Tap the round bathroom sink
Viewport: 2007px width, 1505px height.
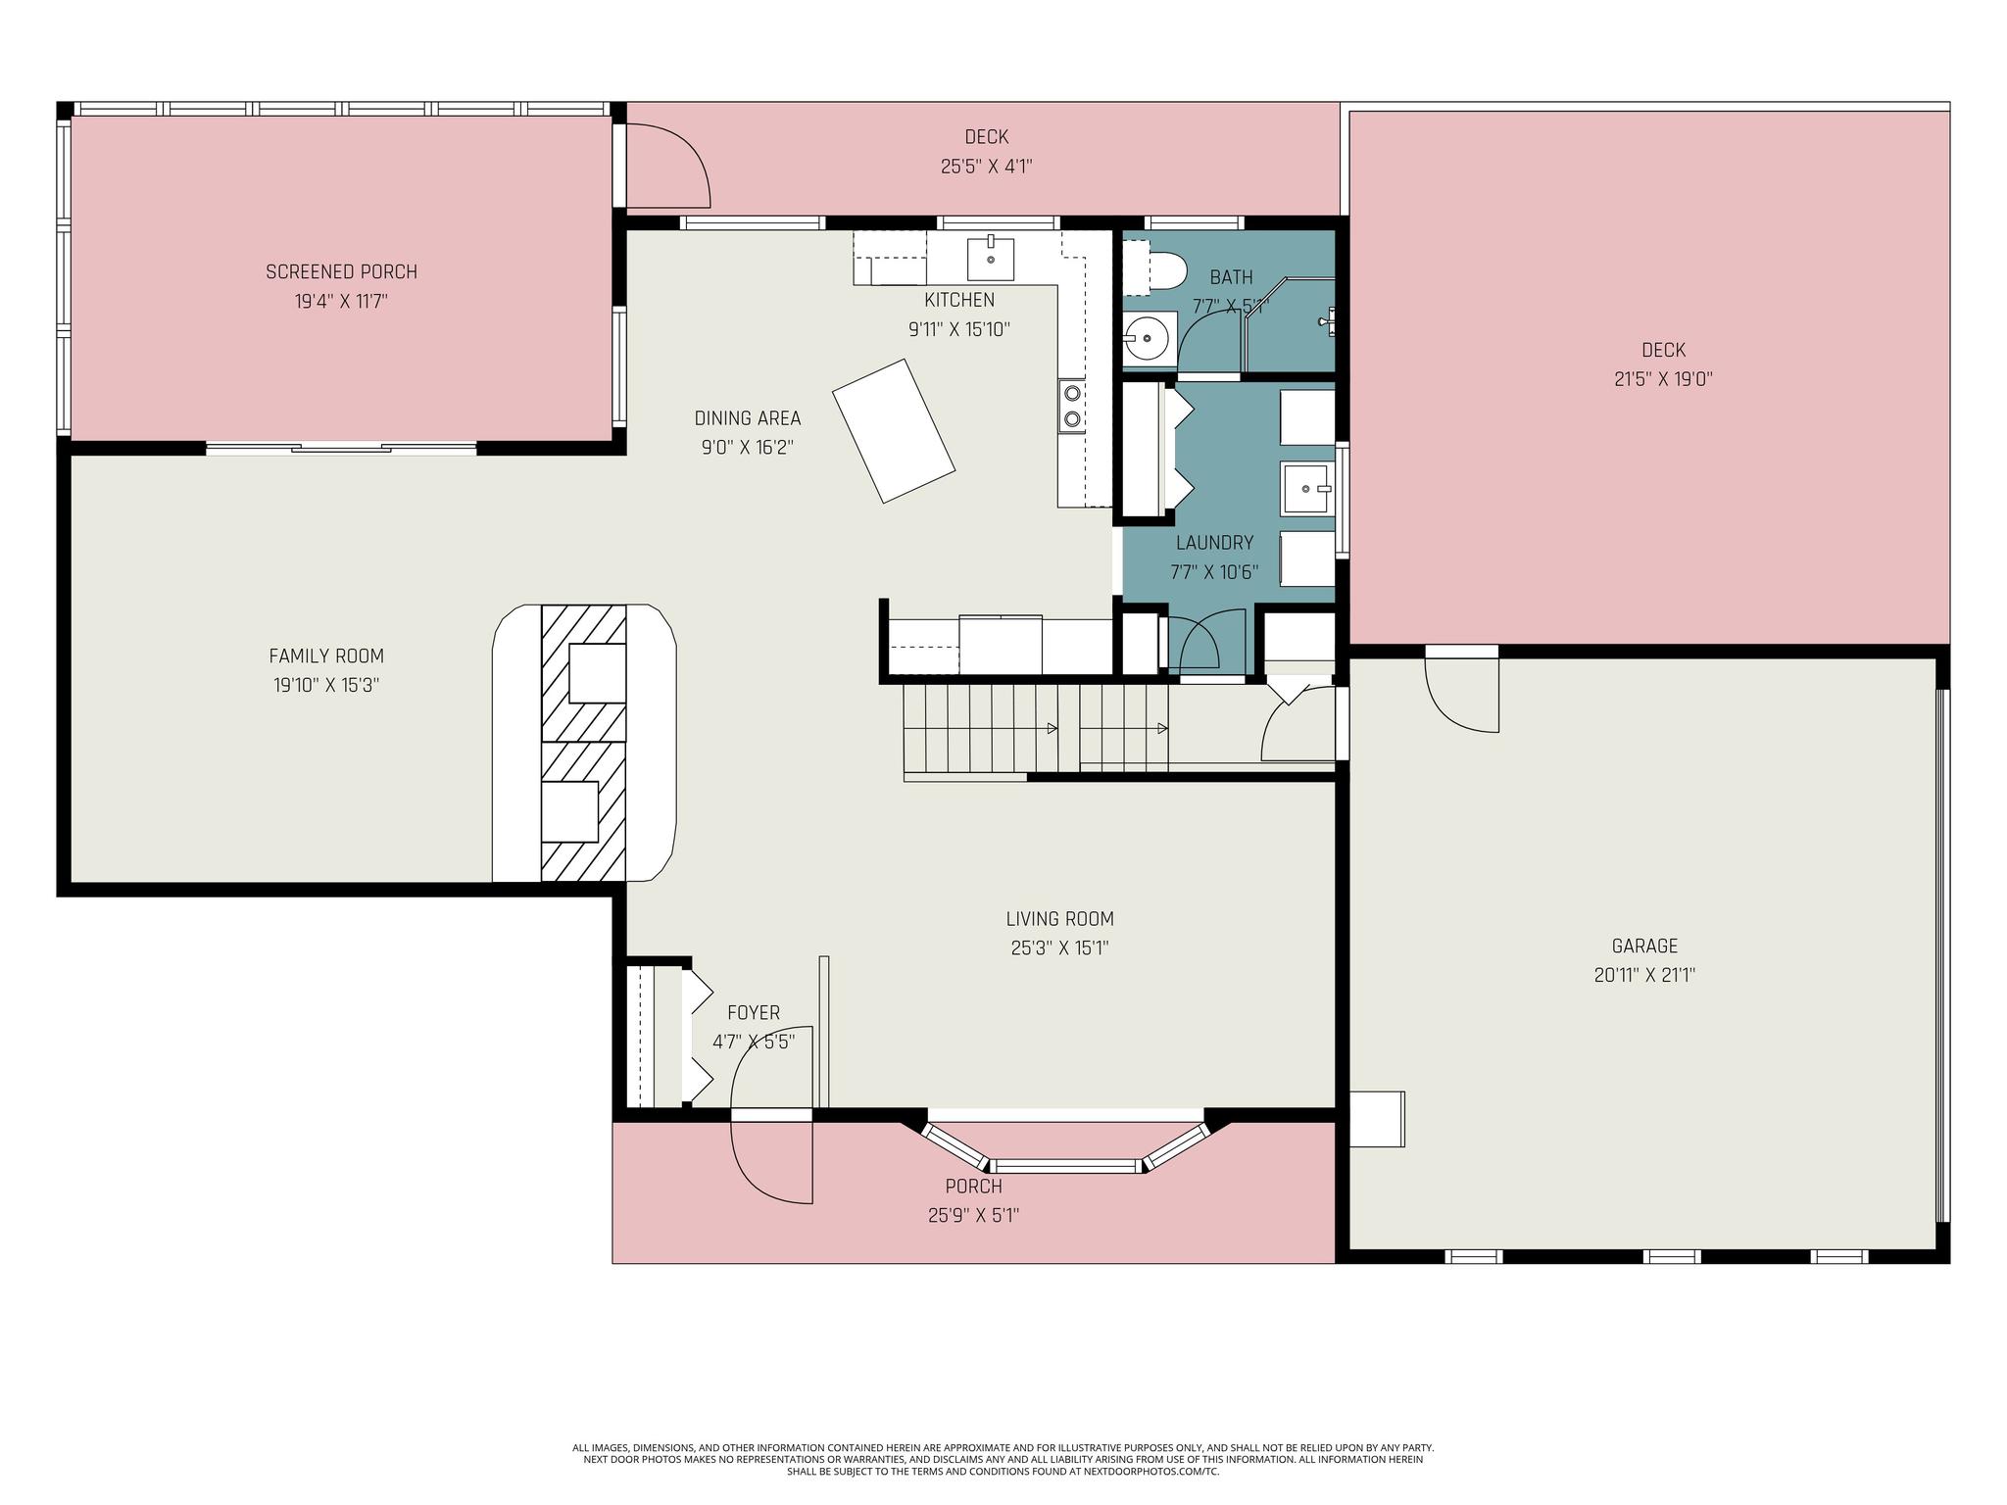point(1148,340)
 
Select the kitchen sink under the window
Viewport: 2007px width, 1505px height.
point(991,257)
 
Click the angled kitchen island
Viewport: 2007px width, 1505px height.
point(894,431)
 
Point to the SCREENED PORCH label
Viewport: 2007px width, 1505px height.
point(341,271)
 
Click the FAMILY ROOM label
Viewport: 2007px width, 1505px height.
point(326,656)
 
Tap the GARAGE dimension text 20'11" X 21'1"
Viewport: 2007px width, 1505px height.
point(1644,975)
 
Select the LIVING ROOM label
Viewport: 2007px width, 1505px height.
point(1059,919)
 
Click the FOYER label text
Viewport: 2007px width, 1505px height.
point(754,1013)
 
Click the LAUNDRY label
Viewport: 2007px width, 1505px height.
point(1214,543)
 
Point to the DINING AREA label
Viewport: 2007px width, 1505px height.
point(748,418)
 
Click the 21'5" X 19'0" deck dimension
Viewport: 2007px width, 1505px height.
point(1663,379)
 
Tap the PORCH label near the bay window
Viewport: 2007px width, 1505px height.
point(973,1187)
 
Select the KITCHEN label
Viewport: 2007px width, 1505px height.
point(959,301)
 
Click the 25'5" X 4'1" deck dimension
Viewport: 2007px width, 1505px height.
point(986,167)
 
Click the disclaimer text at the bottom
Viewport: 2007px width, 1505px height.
point(1003,1459)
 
